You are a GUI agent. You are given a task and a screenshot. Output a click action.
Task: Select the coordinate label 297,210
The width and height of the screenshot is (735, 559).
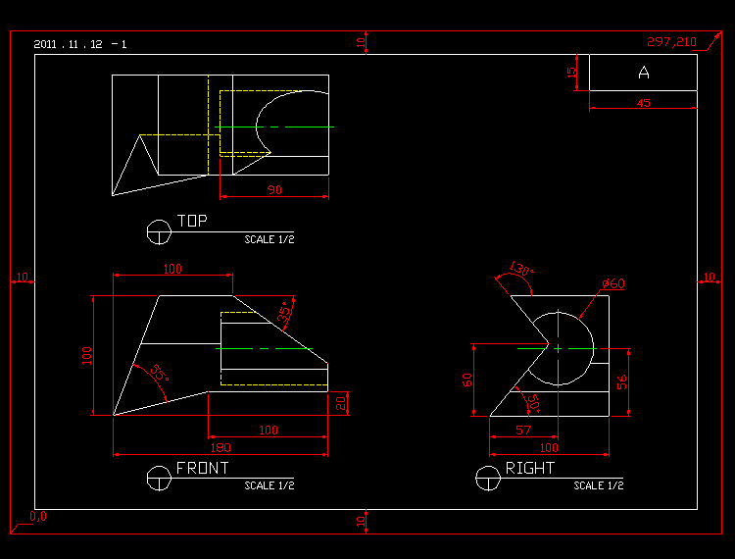671,41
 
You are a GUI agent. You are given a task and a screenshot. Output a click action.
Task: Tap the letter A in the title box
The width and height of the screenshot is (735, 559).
644,73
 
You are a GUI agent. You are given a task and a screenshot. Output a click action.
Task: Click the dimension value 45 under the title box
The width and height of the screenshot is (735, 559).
643,103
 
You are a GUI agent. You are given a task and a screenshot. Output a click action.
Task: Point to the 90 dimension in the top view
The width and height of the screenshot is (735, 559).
274,190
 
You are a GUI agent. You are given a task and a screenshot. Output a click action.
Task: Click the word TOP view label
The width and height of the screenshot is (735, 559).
192,222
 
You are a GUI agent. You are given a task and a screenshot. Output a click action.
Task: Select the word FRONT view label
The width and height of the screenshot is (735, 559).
202,469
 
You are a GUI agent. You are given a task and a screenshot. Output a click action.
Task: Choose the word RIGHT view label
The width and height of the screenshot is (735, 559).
529,469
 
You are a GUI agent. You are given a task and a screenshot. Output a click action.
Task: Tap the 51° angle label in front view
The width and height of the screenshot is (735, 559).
158,374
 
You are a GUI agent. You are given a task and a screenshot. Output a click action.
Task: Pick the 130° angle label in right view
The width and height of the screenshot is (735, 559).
520,270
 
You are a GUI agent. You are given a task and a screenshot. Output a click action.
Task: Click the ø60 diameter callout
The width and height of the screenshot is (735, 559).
613,283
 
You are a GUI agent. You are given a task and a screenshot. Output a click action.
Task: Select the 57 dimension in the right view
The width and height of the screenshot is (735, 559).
523,430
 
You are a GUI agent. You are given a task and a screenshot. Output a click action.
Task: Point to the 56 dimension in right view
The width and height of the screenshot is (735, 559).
622,381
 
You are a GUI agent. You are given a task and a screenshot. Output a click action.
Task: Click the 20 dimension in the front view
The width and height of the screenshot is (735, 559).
340,402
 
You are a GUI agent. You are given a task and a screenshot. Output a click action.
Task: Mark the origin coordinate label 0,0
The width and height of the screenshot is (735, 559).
38,516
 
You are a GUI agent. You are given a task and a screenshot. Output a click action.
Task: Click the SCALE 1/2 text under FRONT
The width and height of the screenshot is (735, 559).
269,485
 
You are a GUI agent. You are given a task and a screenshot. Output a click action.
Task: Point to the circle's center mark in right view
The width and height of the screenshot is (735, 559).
558,348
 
